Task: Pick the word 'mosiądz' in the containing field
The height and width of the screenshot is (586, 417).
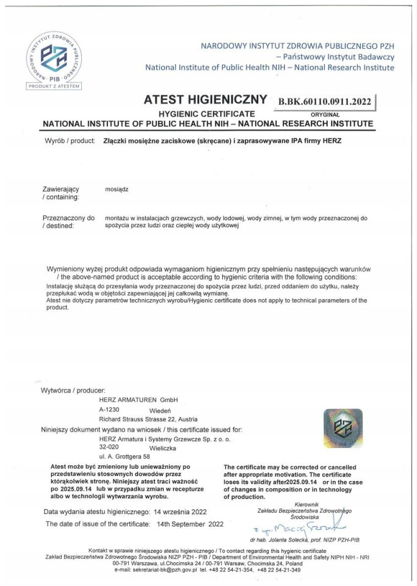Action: tap(116, 189)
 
